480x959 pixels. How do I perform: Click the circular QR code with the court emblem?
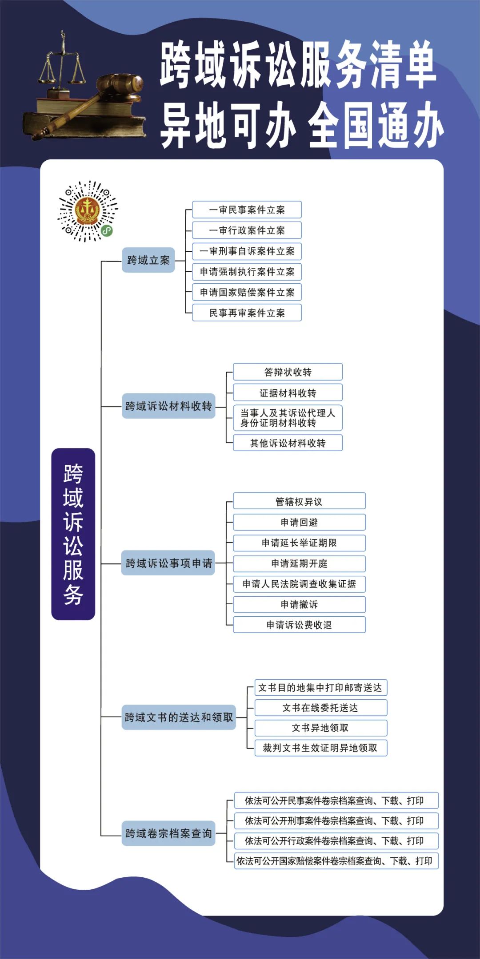(x=88, y=211)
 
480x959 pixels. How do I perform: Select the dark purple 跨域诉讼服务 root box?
(x=73, y=534)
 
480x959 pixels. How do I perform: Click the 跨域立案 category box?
(x=148, y=260)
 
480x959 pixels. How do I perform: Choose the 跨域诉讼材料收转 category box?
(x=168, y=406)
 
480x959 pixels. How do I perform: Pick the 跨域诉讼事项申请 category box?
(x=168, y=563)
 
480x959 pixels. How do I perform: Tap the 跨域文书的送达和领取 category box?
(x=179, y=717)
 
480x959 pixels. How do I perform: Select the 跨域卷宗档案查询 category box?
(x=168, y=833)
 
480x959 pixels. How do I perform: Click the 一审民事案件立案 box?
(x=247, y=210)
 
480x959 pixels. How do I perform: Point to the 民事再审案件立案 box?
(x=247, y=313)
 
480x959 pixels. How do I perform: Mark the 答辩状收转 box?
(x=288, y=372)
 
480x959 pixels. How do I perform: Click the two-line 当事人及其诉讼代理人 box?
(x=288, y=418)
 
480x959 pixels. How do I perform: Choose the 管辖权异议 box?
(x=299, y=501)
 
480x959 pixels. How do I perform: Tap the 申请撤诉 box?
(x=299, y=604)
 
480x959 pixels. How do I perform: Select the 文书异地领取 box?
(x=320, y=728)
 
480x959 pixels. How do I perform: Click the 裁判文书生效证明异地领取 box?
(x=320, y=748)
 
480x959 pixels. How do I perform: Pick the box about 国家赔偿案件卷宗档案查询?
(x=336, y=861)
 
